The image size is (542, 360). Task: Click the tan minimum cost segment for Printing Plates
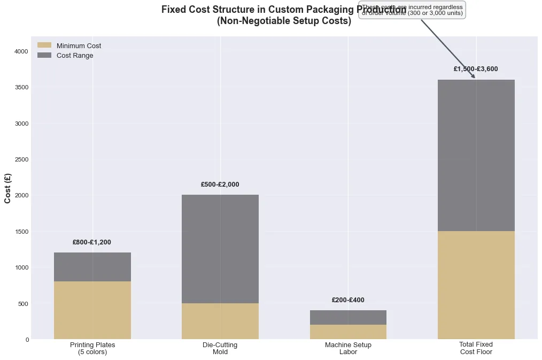pos(92,310)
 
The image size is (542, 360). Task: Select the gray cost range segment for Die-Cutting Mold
pos(220,249)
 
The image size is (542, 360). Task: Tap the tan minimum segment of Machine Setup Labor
pos(348,332)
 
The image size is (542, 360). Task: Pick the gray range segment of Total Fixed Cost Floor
pos(476,155)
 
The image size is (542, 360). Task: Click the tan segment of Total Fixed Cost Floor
pos(476,285)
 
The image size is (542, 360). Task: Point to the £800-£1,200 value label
pos(91,242)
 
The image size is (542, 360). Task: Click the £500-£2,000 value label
pos(220,185)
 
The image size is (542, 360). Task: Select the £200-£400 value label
pos(348,300)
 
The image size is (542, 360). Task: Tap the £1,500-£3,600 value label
pos(476,69)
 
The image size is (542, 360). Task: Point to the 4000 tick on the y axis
pos(21,51)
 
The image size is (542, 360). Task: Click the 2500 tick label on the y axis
pos(21,159)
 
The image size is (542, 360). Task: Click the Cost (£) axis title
pos(8,188)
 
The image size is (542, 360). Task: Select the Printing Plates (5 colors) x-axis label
pos(92,348)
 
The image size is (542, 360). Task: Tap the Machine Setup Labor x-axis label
pos(348,348)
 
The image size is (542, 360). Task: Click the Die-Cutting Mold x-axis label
pos(220,348)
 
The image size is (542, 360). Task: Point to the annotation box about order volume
pos(412,10)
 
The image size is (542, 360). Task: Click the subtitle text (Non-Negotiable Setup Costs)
pos(284,22)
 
